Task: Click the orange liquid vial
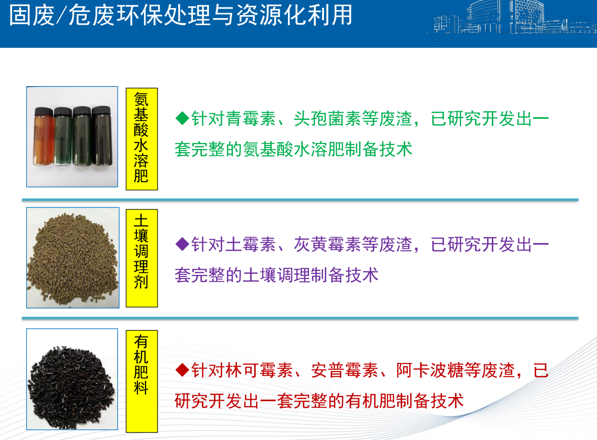tap(44, 136)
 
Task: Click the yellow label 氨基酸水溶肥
tap(141, 138)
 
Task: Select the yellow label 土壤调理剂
tap(141, 258)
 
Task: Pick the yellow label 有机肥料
tap(141, 381)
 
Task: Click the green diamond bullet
tap(182, 118)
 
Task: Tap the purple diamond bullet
tap(182, 244)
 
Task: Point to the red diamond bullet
tap(182, 370)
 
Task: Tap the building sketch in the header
tap(510, 18)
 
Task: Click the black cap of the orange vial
tap(44, 112)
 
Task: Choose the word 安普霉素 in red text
tap(345, 371)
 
